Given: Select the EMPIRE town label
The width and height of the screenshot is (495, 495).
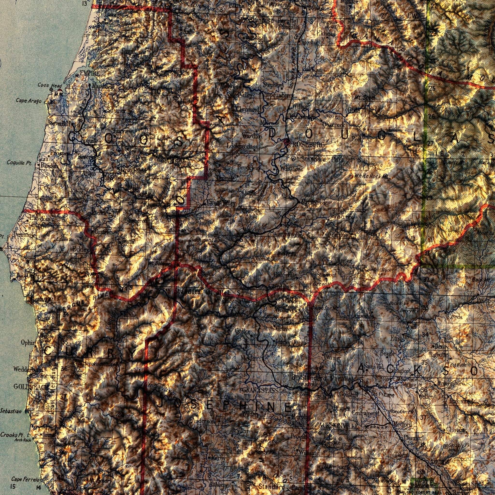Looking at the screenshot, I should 89,73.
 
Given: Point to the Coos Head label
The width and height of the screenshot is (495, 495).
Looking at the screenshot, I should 50,85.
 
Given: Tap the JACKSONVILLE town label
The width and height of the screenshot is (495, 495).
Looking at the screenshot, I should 337,426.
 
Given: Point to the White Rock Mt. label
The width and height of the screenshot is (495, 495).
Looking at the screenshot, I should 371,176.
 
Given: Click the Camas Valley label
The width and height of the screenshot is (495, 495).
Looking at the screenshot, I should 221,203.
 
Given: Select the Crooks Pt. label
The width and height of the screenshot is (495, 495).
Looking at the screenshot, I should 12,435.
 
